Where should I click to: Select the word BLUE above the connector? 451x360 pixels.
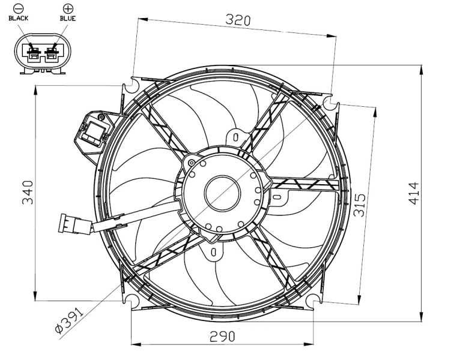(67, 18)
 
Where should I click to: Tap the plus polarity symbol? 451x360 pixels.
(67, 8)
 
